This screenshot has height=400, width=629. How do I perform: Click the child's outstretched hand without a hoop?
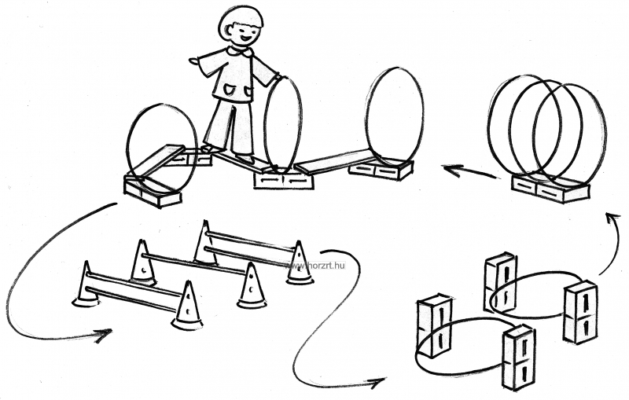pos(194,61)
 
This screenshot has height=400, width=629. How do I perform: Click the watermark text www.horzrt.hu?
pos(315,266)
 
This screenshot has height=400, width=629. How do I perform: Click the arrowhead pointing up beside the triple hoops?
pos(612,219)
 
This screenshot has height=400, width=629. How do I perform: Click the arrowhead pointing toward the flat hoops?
pos(377,383)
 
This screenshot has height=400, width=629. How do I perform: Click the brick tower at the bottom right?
pos(518,357)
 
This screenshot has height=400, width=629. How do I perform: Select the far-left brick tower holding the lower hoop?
pos(434,327)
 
